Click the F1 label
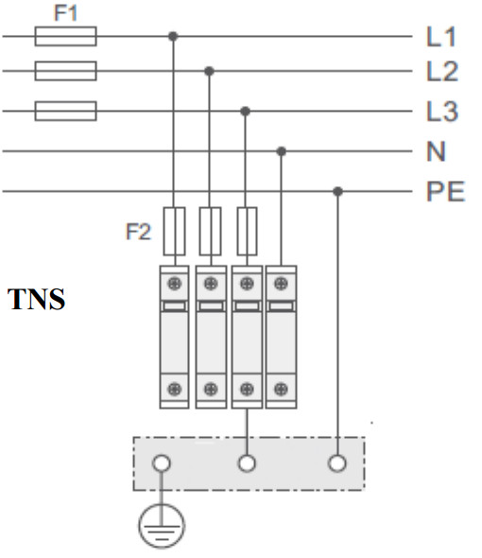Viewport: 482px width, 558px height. click(x=65, y=13)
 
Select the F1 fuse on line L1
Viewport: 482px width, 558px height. click(x=65, y=36)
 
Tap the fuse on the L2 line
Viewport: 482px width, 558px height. click(x=65, y=71)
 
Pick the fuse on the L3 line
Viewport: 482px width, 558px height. click(x=65, y=111)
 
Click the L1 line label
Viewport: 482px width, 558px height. click(x=441, y=37)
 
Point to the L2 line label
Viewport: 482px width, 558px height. click(x=442, y=71)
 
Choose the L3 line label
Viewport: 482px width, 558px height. click(x=442, y=112)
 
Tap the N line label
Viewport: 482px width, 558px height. click(x=436, y=151)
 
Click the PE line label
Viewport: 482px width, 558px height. click(x=446, y=191)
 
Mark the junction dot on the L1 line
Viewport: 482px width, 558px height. click(x=173, y=36)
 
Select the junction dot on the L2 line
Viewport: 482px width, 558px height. click(x=209, y=71)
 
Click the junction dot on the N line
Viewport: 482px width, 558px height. click(x=281, y=151)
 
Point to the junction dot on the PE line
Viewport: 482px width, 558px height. click(x=337, y=191)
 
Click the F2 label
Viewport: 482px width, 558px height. click(x=138, y=232)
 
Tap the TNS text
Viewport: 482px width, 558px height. click(x=36, y=299)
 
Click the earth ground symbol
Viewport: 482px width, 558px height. click(x=162, y=526)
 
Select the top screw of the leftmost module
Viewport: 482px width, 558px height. click(x=174, y=284)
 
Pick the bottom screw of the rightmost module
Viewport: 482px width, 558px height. click(x=281, y=389)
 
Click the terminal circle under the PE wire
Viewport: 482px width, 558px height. click(x=337, y=463)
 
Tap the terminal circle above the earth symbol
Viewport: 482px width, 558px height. click(x=162, y=463)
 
